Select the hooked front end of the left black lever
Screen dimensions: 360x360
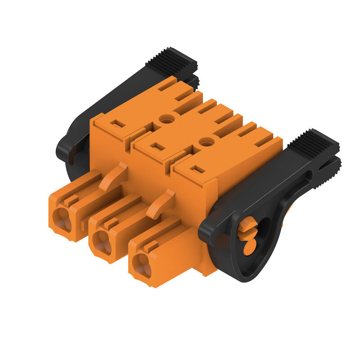tap(63, 153)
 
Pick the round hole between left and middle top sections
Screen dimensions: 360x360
tap(167, 119)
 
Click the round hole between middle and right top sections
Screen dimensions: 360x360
tap(207, 142)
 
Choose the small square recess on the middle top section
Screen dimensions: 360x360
tap(157, 146)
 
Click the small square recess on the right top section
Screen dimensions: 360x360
tap(197, 170)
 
